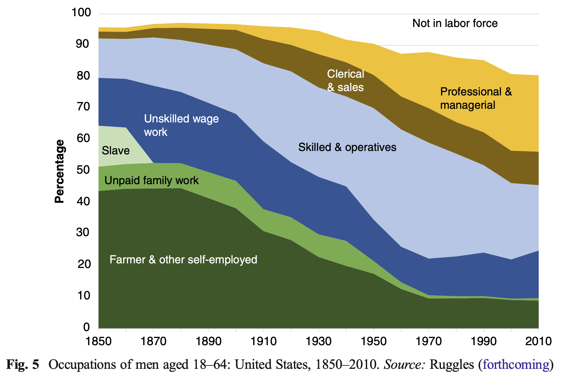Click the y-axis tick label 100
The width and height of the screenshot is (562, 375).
click(x=81, y=12)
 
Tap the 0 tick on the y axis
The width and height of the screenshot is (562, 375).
click(x=87, y=327)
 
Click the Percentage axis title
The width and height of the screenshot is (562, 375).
click(x=59, y=171)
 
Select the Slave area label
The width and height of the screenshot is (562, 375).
click(x=116, y=150)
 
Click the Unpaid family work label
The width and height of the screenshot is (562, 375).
click(x=151, y=180)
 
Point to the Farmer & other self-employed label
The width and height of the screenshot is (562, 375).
click(x=183, y=260)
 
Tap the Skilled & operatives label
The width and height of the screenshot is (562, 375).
click(x=347, y=147)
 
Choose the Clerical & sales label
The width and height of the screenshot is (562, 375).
click(x=345, y=81)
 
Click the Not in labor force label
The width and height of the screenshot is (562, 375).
click(x=455, y=23)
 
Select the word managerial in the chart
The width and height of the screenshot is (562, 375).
click(x=467, y=105)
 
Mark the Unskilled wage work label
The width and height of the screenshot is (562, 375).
click(x=181, y=125)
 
